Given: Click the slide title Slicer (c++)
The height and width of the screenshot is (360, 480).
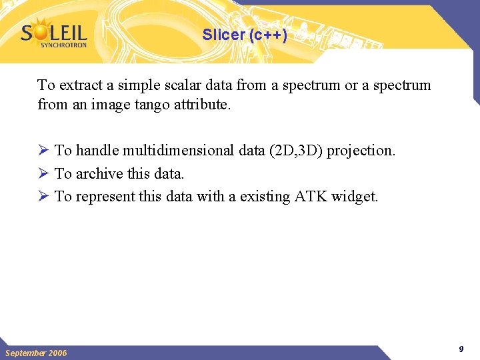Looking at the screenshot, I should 245,35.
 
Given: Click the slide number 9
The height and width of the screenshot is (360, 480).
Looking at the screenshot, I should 461,349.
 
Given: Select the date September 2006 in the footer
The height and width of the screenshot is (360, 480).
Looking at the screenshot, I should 36,353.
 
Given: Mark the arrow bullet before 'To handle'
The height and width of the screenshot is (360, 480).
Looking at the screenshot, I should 43,151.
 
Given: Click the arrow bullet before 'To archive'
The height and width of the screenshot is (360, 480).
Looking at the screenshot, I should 43,173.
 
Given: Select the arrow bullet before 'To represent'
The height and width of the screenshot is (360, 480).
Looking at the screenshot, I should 43,197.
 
